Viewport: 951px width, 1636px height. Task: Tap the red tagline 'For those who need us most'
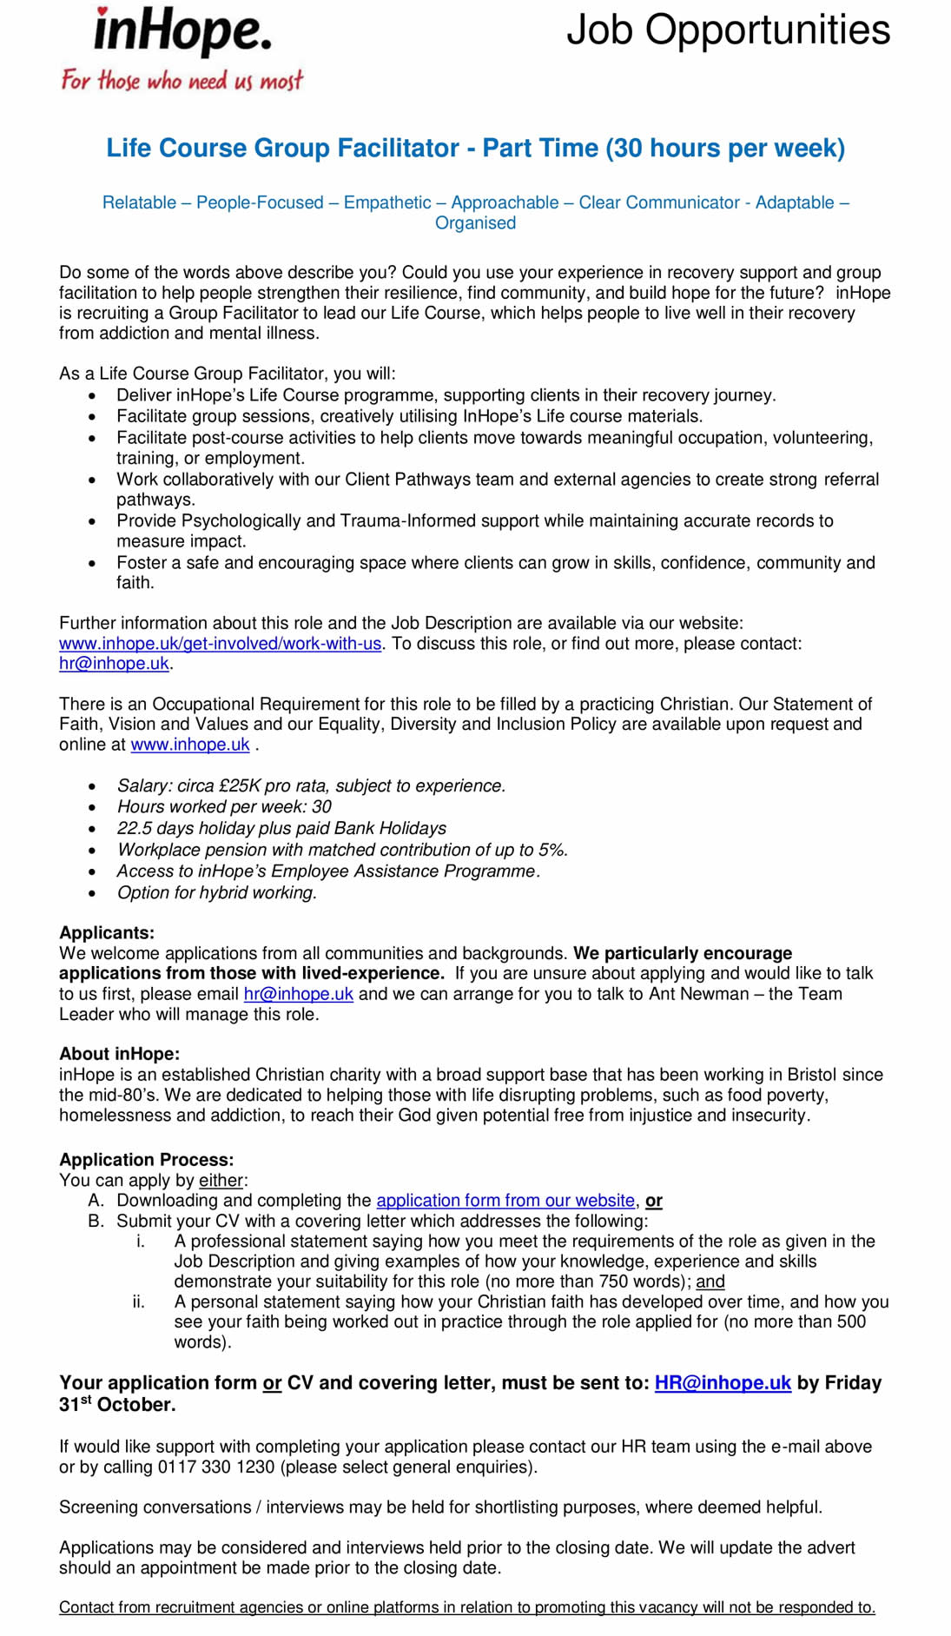pyautogui.click(x=182, y=81)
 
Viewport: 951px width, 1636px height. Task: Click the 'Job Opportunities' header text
pyautogui.click(x=728, y=30)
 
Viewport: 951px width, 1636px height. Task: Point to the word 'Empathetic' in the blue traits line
pyautogui.click(x=387, y=202)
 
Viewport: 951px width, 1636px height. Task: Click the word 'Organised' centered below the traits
pyautogui.click(x=475, y=223)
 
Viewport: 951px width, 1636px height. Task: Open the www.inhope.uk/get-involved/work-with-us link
pyautogui.click(x=220, y=644)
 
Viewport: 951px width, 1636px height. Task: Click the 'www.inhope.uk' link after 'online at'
pyautogui.click(x=190, y=745)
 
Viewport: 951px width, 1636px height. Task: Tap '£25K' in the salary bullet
pyautogui.click(x=240, y=786)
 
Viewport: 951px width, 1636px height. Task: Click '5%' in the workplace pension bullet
pyautogui.click(x=551, y=850)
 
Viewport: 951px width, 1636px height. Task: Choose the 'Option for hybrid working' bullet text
pyautogui.click(x=217, y=892)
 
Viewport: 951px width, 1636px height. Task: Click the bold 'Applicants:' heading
pyautogui.click(x=107, y=933)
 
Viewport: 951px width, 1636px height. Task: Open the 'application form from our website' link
pyautogui.click(x=505, y=1201)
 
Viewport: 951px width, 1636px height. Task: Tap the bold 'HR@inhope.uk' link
pyautogui.click(x=723, y=1383)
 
